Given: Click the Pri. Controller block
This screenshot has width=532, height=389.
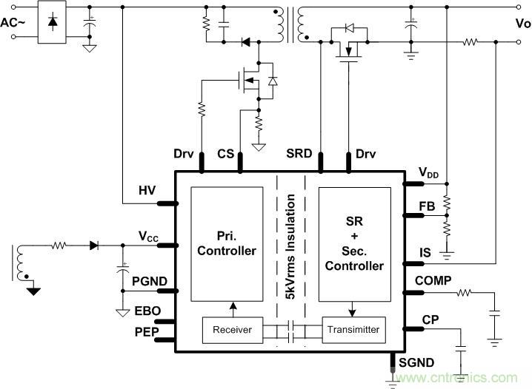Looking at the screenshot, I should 227,243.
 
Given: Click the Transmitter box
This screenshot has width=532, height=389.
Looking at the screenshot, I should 352,330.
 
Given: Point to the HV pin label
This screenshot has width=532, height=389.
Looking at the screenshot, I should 147,190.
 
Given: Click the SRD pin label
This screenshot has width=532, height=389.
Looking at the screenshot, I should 299,155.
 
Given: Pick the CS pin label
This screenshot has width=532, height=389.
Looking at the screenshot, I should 225,155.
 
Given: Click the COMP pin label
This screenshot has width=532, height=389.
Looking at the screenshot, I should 433,281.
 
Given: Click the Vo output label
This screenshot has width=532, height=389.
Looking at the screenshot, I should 522,22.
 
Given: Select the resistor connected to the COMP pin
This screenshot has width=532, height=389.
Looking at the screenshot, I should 464,294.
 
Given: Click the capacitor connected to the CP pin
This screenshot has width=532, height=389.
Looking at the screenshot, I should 462,347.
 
